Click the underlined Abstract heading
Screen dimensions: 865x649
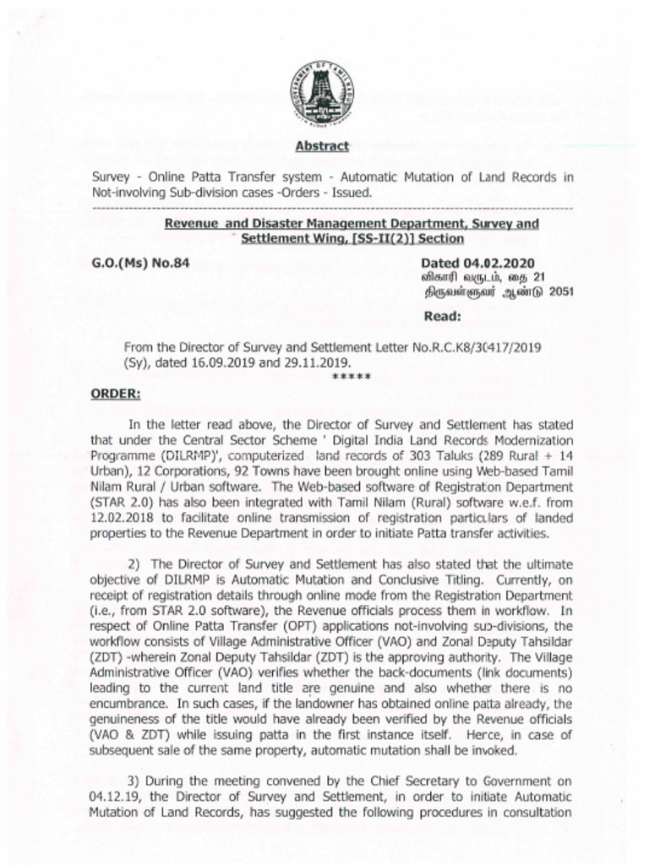coord(322,146)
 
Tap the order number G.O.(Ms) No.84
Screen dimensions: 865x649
coord(139,263)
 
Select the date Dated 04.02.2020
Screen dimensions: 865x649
coord(477,263)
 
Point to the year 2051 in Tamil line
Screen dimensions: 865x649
coord(536,292)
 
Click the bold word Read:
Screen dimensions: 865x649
coord(441,317)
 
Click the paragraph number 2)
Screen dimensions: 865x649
coord(134,563)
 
